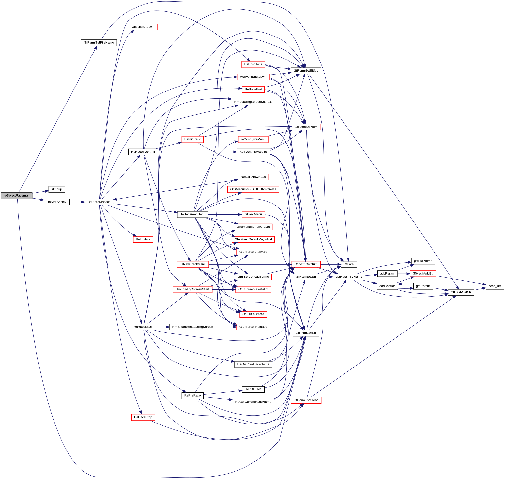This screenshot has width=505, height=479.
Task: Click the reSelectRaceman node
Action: (x=17, y=196)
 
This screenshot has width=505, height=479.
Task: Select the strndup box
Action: (x=56, y=189)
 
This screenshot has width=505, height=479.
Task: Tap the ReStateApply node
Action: (x=56, y=202)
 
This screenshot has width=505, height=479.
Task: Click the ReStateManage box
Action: (x=99, y=202)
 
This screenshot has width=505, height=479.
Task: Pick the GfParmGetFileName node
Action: (x=99, y=43)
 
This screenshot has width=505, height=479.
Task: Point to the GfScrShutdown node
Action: (x=143, y=27)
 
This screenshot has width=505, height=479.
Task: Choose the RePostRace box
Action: (x=253, y=64)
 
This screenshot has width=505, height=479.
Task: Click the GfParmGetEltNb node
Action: (x=306, y=71)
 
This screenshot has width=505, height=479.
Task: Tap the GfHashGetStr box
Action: (x=461, y=292)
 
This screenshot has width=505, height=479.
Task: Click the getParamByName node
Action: (x=349, y=277)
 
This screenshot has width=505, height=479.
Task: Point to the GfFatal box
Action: (x=349, y=264)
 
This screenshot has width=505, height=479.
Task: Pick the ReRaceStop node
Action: (x=143, y=417)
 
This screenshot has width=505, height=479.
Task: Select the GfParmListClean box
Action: (x=306, y=400)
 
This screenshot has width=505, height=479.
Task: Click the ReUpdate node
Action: (x=143, y=239)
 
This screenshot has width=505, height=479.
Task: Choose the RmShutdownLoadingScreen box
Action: (x=193, y=327)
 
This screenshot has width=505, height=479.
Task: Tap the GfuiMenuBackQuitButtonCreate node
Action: (x=253, y=189)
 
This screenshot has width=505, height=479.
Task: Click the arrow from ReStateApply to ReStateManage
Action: (x=77, y=202)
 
